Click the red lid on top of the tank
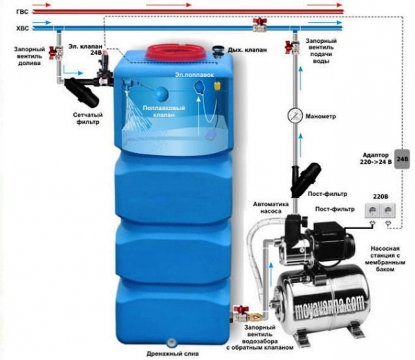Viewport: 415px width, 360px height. coord(176,52)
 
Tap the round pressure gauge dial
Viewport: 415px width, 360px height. coord(295,116)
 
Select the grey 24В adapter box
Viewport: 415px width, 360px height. coord(402,159)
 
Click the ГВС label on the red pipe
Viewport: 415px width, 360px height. coord(22,12)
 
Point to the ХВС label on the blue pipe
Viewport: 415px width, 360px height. coord(23,28)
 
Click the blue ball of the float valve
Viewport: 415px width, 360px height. coord(161,93)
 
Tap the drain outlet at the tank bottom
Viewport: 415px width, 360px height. coord(172,342)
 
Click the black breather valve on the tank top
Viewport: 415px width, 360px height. coord(219,51)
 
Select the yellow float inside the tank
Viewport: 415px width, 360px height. coord(217,85)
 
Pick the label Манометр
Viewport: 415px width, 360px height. coord(321,116)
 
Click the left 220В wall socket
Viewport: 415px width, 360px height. coord(372,211)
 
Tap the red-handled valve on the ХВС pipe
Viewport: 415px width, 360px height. coord(259,25)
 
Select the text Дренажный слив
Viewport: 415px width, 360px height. coord(172,354)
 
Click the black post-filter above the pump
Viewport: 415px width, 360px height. coord(305,179)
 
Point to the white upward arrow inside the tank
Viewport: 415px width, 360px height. coord(199,116)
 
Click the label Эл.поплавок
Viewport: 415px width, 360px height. coord(194,75)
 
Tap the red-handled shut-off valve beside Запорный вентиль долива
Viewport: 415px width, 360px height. coord(56,53)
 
